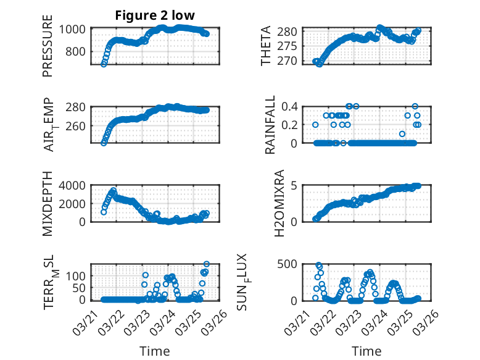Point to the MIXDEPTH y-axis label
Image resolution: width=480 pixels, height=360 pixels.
click(48, 204)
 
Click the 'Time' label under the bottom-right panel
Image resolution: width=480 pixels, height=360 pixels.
click(366, 351)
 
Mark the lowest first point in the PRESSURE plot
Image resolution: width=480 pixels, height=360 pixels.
click(104, 64)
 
